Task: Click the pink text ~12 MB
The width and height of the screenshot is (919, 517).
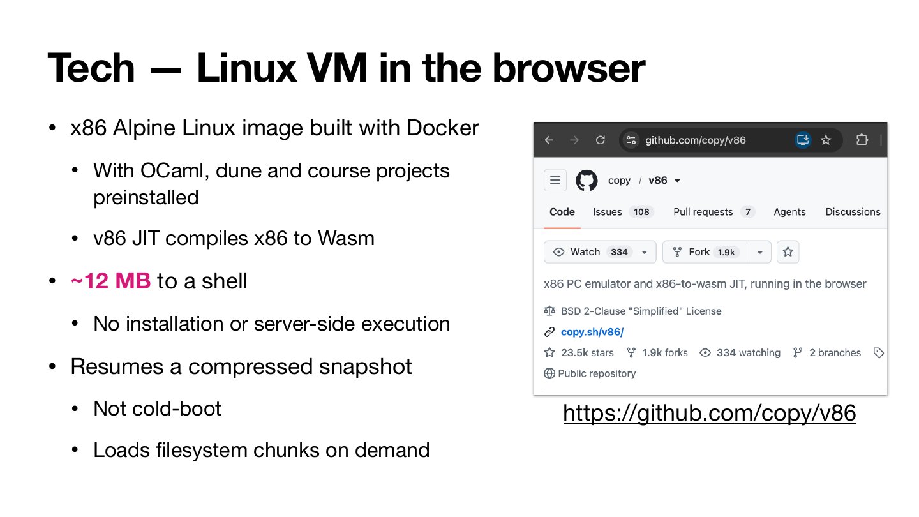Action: coord(111,281)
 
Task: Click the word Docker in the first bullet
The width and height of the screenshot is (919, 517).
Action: coord(443,128)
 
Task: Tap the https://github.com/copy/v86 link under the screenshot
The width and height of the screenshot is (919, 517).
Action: coord(710,413)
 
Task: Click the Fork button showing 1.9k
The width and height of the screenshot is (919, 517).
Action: coord(706,252)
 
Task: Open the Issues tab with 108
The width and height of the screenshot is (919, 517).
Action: coord(622,212)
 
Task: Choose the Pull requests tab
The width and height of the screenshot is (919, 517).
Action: coord(713,212)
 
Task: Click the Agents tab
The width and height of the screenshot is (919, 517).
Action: coord(789,212)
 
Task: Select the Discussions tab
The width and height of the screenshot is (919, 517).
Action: coord(853,212)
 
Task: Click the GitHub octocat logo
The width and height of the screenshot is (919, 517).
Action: coord(587,181)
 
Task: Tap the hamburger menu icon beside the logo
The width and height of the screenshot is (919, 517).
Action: coord(555,180)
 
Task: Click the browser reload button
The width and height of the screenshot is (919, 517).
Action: coord(600,140)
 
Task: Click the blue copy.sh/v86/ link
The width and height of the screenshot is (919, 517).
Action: coord(592,332)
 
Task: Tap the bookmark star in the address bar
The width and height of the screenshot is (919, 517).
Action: coord(826,140)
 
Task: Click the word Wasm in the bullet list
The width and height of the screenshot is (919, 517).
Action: coord(346,239)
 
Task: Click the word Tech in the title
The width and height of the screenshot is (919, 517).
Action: coord(91,68)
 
